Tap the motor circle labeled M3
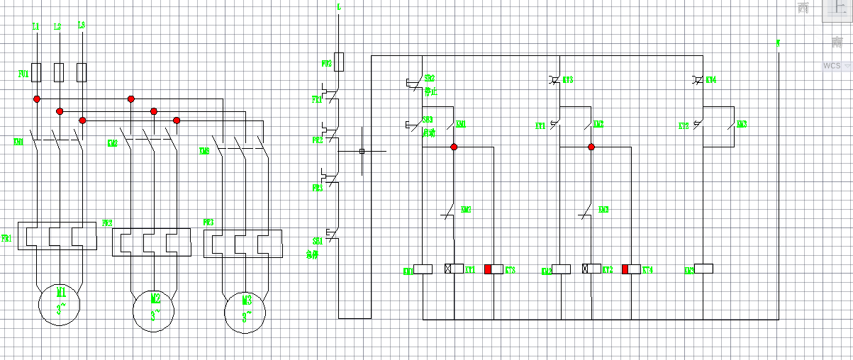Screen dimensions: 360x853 (246, 312)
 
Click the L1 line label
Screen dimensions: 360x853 (36, 26)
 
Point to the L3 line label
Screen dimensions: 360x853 (82, 26)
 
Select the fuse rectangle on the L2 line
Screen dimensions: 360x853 (60, 72)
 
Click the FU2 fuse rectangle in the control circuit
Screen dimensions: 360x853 (339, 62)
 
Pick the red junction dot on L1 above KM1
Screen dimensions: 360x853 (37, 99)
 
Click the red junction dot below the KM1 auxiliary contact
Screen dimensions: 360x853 (454, 147)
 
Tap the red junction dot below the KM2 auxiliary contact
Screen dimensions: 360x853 (591, 147)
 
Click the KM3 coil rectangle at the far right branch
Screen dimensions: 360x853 (703, 269)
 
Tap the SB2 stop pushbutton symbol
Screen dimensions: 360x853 (412, 82)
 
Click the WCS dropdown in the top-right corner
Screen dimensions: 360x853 (836, 65)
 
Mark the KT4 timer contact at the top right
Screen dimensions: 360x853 (698, 80)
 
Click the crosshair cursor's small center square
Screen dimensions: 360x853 (362, 151)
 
